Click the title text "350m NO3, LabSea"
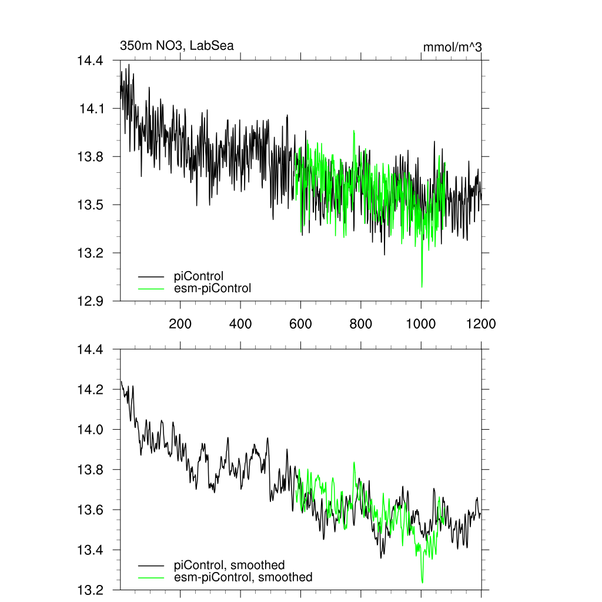177,45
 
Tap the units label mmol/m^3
452,47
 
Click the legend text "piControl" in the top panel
199,275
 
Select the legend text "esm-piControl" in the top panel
212,288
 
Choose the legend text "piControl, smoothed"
229,565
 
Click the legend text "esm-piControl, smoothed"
243,577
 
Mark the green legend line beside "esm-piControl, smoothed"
151,577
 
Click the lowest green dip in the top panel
422,286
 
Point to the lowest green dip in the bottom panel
422,582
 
